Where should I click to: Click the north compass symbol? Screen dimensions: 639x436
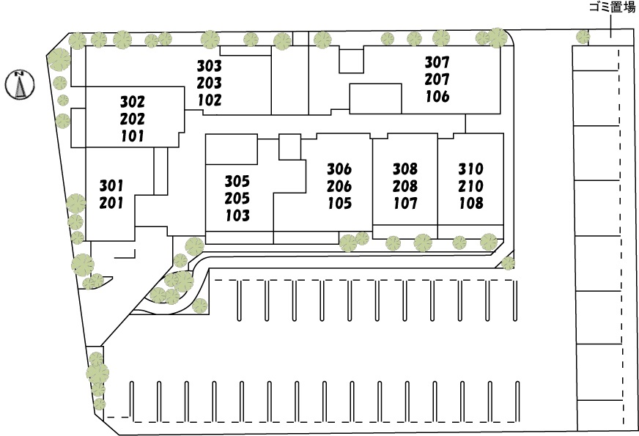tap(20, 85)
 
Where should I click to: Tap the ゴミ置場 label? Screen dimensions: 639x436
tap(612, 7)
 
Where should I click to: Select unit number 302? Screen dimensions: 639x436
tap(133, 102)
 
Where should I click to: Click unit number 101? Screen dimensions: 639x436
tap(133, 136)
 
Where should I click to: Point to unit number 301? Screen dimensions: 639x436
tap(111, 186)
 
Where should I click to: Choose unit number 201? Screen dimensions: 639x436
tap(111, 203)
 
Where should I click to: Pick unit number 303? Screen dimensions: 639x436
tap(210, 66)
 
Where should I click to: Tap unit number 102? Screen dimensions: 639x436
tap(210, 100)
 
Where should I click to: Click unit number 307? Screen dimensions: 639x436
tap(437, 62)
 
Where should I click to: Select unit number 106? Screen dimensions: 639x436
tap(437, 97)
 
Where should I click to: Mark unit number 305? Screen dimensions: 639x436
tap(237, 181)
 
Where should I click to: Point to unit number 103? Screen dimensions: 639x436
tap(237, 215)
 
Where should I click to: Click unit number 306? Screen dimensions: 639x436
tap(339, 169)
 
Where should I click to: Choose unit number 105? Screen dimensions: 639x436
tap(340, 203)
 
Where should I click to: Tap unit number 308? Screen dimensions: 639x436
tap(405, 169)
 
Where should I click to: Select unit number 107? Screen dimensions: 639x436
tap(405, 203)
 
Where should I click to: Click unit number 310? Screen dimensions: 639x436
tap(470, 169)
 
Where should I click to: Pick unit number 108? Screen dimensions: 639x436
tap(471, 203)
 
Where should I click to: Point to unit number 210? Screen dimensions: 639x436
tap(470, 186)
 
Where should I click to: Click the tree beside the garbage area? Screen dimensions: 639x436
tap(583, 37)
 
